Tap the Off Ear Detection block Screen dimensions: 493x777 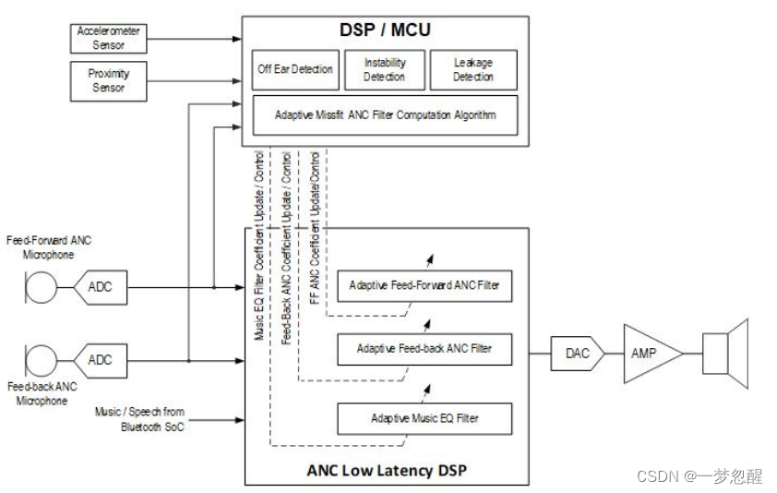click(294, 69)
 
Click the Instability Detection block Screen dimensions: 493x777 click(384, 69)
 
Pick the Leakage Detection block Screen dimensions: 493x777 click(473, 69)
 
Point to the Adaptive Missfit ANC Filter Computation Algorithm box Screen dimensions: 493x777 click(385, 115)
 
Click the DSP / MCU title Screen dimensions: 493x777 click(387, 30)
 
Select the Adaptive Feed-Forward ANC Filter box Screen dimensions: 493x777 click(424, 285)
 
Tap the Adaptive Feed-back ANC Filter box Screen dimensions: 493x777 click(424, 349)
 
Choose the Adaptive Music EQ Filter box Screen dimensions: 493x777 click(424, 417)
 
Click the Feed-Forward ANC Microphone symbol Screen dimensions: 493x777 click(39, 286)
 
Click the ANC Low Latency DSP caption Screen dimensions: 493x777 click(387, 470)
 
